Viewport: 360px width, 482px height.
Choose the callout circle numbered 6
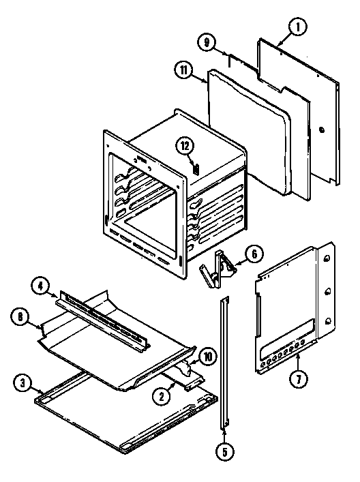[252, 254]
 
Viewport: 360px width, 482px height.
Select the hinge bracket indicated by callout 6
[216, 269]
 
